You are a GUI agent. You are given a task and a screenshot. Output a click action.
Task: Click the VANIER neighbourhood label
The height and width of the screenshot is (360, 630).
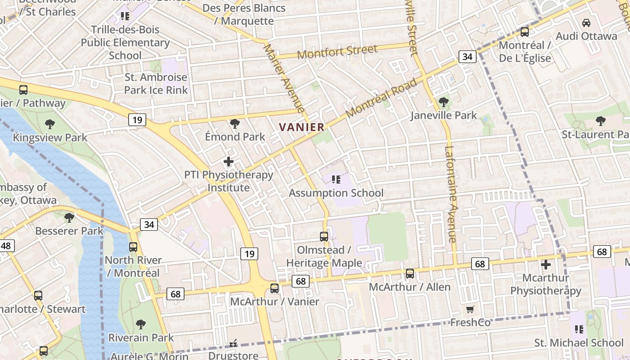(x=301, y=127)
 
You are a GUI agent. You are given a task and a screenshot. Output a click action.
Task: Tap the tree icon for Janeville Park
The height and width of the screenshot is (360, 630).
(x=444, y=102)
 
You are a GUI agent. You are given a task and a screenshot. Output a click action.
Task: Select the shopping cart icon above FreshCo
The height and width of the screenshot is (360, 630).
(x=470, y=309)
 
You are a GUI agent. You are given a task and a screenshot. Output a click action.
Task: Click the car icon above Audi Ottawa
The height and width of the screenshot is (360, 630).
(x=586, y=22)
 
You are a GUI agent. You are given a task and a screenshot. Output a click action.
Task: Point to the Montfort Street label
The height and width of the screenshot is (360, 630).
(x=337, y=52)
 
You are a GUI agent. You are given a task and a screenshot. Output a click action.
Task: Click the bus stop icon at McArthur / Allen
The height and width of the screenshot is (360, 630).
(x=410, y=273)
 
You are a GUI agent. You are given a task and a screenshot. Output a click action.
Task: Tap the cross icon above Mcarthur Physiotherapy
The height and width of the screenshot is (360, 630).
(x=546, y=264)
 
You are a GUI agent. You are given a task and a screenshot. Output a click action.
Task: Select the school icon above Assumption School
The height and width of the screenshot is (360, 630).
(x=336, y=180)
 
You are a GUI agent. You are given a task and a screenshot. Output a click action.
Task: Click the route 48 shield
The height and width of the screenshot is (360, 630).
(x=6, y=246)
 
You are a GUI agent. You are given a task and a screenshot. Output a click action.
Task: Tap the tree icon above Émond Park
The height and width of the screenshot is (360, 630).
(x=234, y=123)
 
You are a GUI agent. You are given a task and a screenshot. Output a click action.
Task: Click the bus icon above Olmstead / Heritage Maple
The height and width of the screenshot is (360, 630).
(x=324, y=236)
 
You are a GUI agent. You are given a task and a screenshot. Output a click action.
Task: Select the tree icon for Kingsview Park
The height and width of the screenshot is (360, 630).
(x=50, y=124)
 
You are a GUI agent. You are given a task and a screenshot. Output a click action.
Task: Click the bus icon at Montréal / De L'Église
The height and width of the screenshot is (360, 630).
(x=525, y=32)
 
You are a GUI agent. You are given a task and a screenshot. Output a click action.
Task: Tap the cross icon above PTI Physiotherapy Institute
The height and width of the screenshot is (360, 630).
(x=229, y=161)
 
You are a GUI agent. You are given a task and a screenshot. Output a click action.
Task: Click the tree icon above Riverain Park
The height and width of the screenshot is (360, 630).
(x=141, y=324)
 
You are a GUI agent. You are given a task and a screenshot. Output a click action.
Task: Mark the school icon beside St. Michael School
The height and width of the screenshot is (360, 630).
(x=579, y=329)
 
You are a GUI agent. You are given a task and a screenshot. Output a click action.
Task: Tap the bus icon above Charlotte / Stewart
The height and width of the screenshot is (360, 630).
(x=38, y=296)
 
